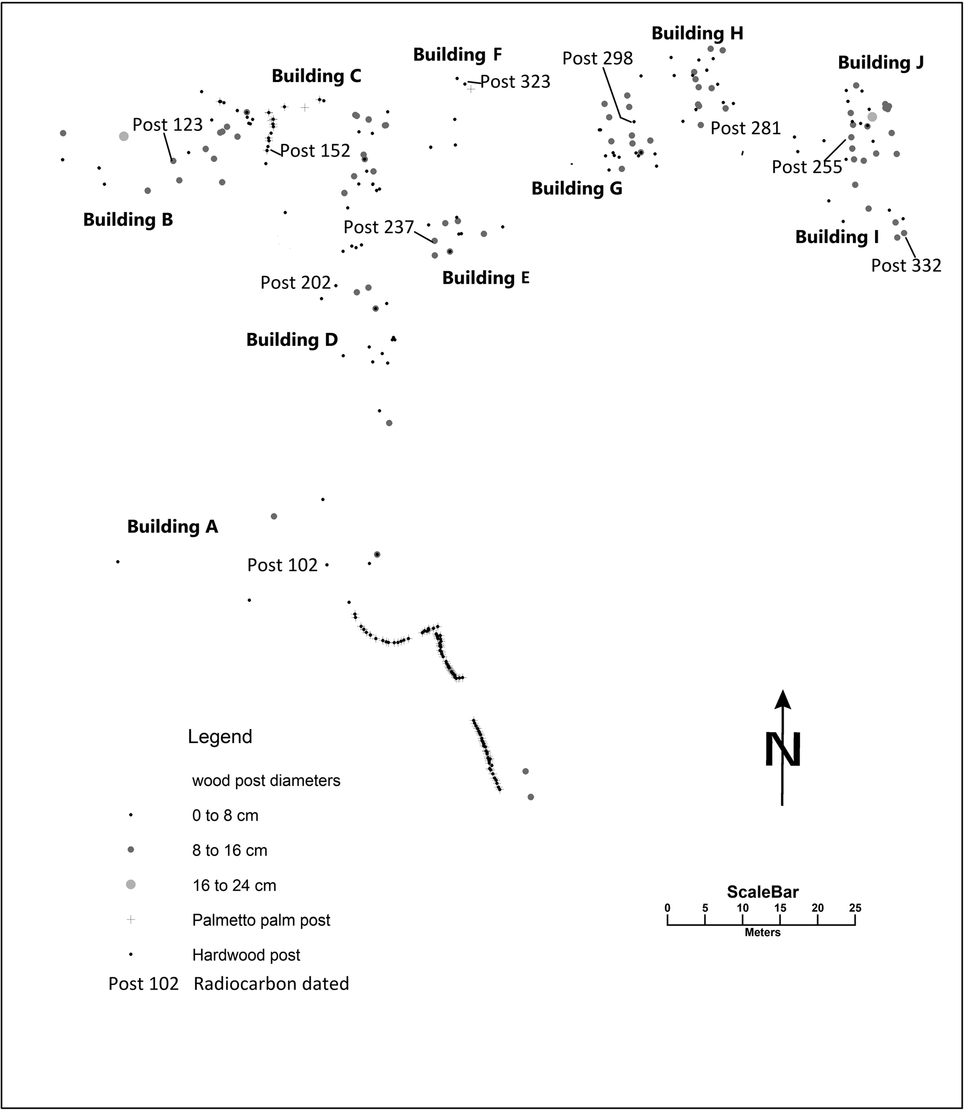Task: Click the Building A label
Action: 172,526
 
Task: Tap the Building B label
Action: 128,219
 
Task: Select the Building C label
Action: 316,76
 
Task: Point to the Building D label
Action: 291,339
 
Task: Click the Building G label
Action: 576,189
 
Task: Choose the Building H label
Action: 697,34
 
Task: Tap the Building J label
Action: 880,63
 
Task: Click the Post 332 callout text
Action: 906,266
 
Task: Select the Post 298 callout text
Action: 597,58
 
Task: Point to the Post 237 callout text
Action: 378,227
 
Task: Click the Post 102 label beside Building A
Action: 282,565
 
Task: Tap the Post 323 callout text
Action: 515,82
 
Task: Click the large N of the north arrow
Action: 783,749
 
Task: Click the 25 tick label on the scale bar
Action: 855,908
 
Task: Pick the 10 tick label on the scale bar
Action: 742,908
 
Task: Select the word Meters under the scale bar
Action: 762,932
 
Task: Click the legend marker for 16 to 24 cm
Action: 131,884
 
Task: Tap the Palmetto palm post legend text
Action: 261,920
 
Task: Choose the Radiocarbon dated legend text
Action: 271,983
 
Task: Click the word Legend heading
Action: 220,737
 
